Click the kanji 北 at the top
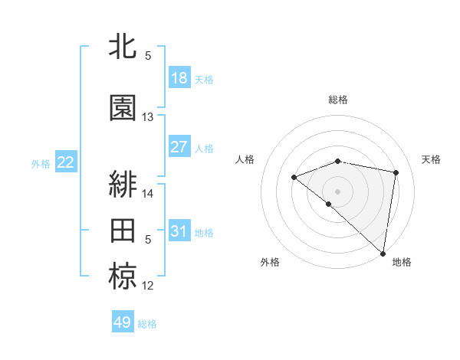123,47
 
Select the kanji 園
123,108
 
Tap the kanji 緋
123,184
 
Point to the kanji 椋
123,277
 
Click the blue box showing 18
179,78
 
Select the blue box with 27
179,147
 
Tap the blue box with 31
179,231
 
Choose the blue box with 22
66,162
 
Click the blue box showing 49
123,322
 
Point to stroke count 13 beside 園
148,117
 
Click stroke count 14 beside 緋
148,194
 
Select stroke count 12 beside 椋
148,286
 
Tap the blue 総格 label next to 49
147,324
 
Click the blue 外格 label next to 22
41,163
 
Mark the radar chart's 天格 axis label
432,159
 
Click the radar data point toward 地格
383,253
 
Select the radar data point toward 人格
294,178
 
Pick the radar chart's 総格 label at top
337,100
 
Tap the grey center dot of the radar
337,191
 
